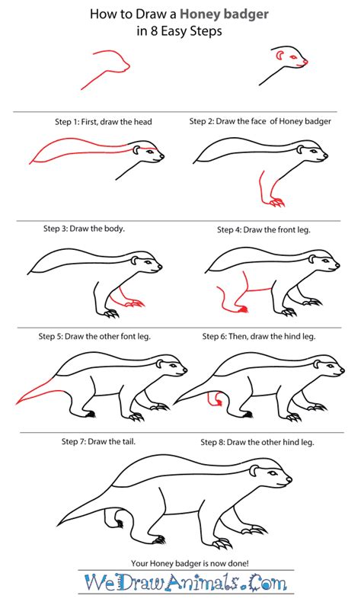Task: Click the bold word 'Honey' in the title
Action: (x=200, y=15)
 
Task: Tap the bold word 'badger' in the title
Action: (x=245, y=14)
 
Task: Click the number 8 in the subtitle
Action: (x=153, y=31)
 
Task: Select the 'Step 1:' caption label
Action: (x=67, y=122)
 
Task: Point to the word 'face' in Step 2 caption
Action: (x=258, y=121)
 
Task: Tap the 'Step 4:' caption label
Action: (x=229, y=230)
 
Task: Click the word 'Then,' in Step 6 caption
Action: (x=238, y=337)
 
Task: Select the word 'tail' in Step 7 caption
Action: (x=129, y=441)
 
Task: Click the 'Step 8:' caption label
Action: (x=212, y=442)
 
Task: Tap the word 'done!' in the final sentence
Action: (x=238, y=564)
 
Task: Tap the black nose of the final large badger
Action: (x=289, y=479)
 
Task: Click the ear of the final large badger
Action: (x=254, y=470)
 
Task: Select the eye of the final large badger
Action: (x=272, y=472)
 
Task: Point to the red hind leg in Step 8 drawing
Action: (x=215, y=399)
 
